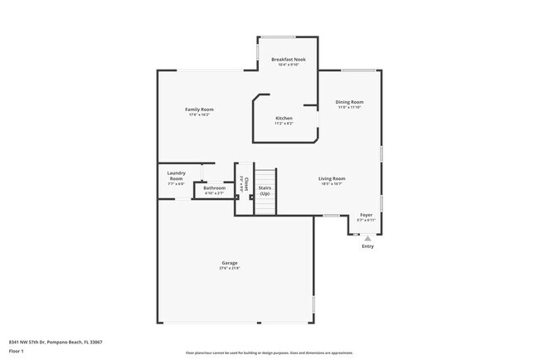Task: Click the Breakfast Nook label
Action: [x=288, y=59]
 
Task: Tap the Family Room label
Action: [x=199, y=109]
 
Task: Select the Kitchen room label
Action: [x=284, y=118]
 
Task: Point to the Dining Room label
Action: [x=350, y=102]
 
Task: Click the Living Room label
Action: [x=332, y=178]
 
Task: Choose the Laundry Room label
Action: [x=176, y=175]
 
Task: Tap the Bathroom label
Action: [x=215, y=188]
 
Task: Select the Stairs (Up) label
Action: [x=265, y=190]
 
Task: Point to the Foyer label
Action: [x=366, y=215]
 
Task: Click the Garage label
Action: [x=229, y=262]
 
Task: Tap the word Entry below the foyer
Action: [x=367, y=246]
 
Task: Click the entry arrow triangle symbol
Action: [x=367, y=237]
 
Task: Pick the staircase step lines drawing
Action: [x=265, y=176]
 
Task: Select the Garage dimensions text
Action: [x=229, y=268]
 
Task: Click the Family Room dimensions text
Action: [x=199, y=115]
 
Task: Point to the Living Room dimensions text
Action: [x=332, y=184]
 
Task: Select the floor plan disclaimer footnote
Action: [x=269, y=353]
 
